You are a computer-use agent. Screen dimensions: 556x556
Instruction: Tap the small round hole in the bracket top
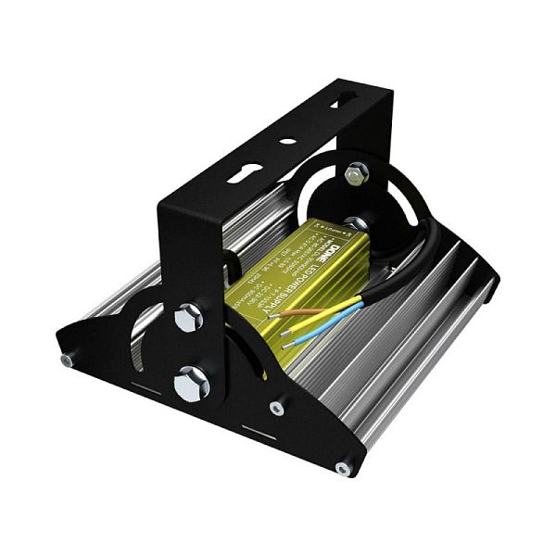pos(288,142)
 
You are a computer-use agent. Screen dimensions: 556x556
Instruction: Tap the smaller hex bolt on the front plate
pos(188,319)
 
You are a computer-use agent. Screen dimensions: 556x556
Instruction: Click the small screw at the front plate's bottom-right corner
pos(343,469)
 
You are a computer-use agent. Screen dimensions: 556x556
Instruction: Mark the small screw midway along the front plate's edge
pos(276,408)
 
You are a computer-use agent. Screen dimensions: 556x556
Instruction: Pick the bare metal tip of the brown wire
pos(274,314)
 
